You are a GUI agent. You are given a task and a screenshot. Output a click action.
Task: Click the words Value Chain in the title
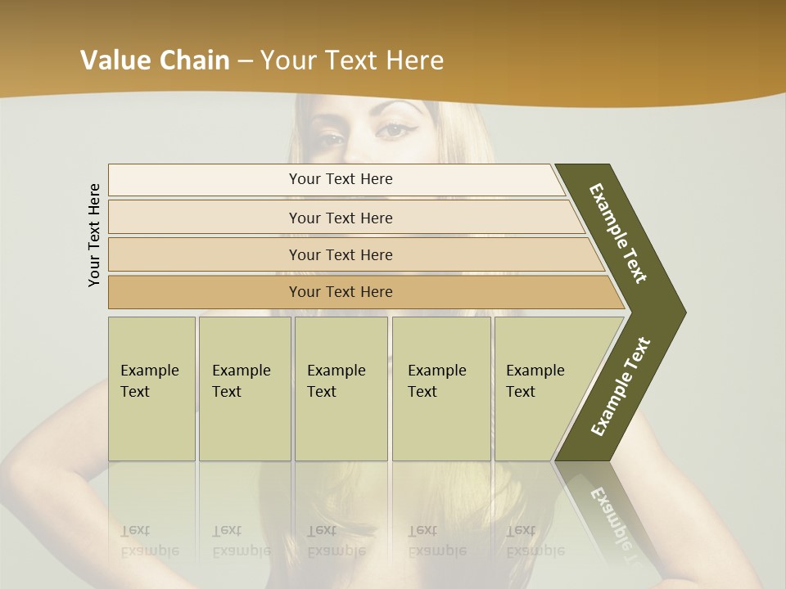pyautogui.click(x=155, y=61)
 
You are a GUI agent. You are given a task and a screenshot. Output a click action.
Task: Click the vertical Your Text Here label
pyautogui.click(x=94, y=235)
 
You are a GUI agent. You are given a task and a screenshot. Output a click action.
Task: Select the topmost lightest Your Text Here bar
pyautogui.click(x=341, y=179)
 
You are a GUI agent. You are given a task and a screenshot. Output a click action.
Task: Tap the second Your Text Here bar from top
pyautogui.click(x=341, y=218)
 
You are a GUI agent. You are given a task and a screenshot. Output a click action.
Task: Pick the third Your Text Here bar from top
pyautogui.click(x=341, y=254)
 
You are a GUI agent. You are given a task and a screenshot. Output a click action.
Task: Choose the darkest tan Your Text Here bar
pyautogui.click(x=341, y=292)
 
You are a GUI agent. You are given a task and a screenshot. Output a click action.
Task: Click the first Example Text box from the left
pyautogui.click(x=151, y=389)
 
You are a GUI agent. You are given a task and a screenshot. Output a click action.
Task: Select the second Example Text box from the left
pyautogui.click(x=244, y=389)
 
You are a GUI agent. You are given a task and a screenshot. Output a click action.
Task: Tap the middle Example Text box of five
pyautogui.click(x=340, y=389)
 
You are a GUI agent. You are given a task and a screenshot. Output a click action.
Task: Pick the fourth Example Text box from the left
pyautogui.click(x=440, y=389)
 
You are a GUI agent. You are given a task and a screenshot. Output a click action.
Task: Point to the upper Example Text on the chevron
pyautogui.click(x=618, y=232)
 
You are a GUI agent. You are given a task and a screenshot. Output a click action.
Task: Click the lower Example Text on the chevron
pyautogui.click(x=621, y=386)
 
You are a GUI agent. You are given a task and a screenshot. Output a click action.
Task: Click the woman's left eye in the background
pyautogui.click(x=395, y=129)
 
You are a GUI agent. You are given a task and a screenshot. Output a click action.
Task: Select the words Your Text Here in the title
pyautogui.click(x=352, y=61)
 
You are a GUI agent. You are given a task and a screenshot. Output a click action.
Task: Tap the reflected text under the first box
pyautogui.click(x=149, y=541)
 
